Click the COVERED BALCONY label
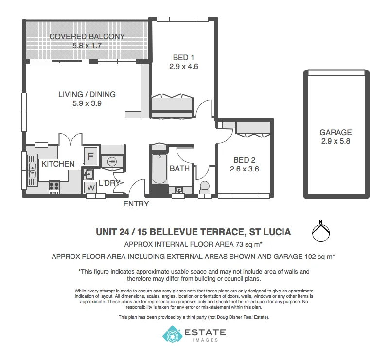(x=87, y=36)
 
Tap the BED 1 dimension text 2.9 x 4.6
(x=183, y=67)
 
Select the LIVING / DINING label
(x=87, y=94)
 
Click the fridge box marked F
(x=90, y=156)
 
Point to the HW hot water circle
(x=111, y=161)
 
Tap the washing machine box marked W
(x=91, y=187)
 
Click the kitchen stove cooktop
(x=54, y=186)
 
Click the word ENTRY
(x=136, y=204)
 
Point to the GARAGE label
(x=336, y=132)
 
